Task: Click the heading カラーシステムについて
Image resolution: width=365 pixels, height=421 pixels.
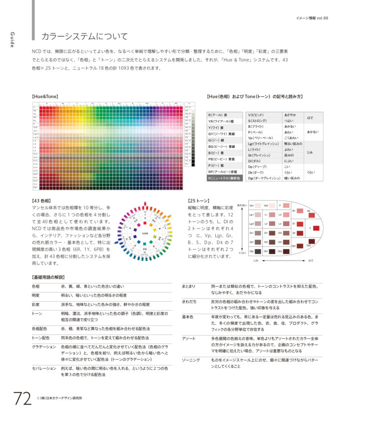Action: pos(85,37)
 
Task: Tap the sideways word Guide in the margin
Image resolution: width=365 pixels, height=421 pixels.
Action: pos(12,40)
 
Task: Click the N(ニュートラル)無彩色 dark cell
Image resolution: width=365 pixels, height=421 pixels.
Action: pos(224,178)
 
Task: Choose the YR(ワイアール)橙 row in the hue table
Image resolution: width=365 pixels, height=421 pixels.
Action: pos(224,121)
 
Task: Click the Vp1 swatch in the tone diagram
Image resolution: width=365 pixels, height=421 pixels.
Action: pos(252,205)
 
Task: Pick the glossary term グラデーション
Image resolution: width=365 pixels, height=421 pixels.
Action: pos(44,347)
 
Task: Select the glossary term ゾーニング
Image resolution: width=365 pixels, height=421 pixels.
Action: pos(191,360)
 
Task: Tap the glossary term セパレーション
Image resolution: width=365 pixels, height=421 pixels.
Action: pos(44,367)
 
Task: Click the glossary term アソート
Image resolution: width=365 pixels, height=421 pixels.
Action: pos(189,339)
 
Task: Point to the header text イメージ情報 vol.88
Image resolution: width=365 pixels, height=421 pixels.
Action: pos(311,18)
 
